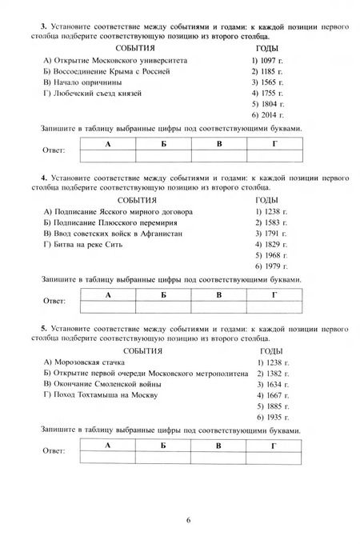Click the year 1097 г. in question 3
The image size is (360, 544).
point(270,60)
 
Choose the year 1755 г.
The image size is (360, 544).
point(270,94)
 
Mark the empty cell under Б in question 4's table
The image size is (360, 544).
point(163,306)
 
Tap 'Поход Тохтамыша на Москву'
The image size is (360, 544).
point(101,395)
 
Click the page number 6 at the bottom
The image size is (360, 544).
point(188,519)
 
